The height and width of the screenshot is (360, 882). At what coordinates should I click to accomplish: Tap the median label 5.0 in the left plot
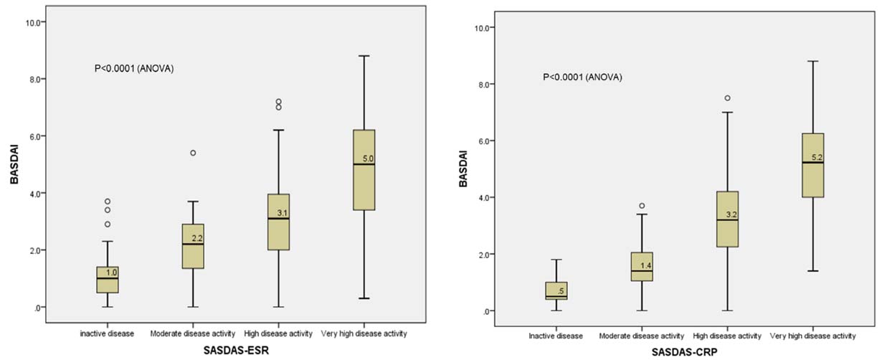click(x=369, y=159)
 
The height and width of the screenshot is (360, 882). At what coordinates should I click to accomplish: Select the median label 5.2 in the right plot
click(x=817, y=157)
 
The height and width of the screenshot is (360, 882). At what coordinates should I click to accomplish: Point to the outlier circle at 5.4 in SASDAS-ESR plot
click(x=193, y=153)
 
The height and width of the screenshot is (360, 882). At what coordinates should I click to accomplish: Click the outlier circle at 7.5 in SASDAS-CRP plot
click(x=727, y=98)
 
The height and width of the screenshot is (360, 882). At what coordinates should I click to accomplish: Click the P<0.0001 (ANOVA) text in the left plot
click(x=134, y=69)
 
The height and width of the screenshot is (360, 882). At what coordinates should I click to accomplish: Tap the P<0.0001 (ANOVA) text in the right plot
click(x=582, y=77)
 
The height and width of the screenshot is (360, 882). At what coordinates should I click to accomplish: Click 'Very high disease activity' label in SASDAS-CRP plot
click(x=812, y=336)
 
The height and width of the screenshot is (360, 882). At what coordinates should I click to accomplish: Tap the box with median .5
click(x=556, y=291)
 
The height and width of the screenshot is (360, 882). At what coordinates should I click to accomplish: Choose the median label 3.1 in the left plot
click(x=282, y=213)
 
